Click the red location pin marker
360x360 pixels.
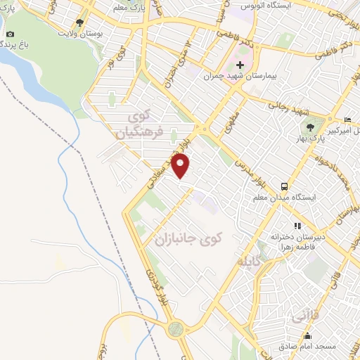[181, 166]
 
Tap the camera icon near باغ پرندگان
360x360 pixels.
[9, 34]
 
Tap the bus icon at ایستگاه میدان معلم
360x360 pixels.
[284, 186]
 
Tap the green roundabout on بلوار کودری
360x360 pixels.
[174, 328]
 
